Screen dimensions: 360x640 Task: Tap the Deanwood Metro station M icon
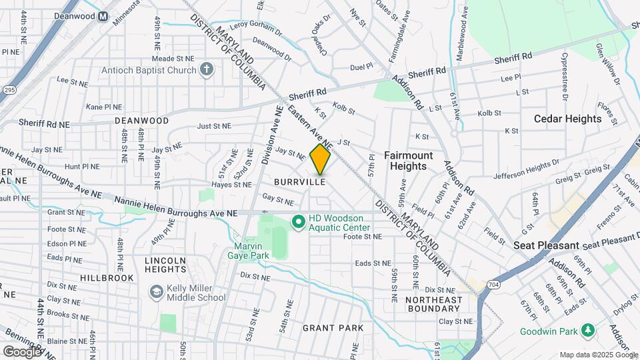[103, 17]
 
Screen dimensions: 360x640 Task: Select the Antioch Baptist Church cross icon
[207, 69]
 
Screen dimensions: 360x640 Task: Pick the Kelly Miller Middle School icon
[156, 291]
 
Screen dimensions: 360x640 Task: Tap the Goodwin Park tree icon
[588, 329]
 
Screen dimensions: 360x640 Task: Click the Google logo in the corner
[22, 351]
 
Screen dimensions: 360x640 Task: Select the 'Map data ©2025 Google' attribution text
[598, 355]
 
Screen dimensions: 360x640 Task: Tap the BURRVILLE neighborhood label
[299, 181]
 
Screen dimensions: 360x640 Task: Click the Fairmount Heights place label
[409, 161]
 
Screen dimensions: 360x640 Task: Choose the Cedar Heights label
[567, 119]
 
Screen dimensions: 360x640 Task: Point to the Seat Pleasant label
[546, 245]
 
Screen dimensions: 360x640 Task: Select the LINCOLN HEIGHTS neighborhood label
[161, 264]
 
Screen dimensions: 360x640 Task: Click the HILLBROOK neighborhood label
[107, 277]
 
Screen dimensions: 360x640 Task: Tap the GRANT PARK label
[333, 327]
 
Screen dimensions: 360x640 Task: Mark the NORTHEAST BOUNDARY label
[433, 304]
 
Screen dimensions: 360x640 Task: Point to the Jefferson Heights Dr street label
[527, 169]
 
